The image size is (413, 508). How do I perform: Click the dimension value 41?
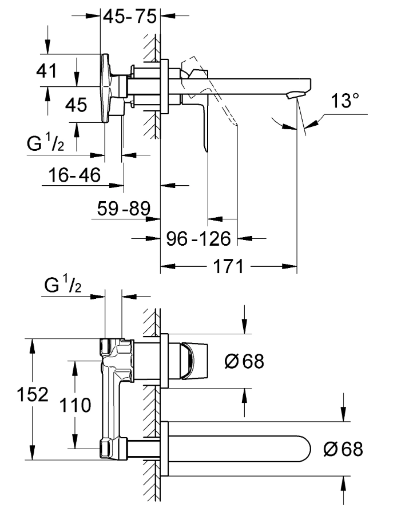(47, 71)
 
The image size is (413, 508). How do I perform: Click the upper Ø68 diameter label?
(244, 362)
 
